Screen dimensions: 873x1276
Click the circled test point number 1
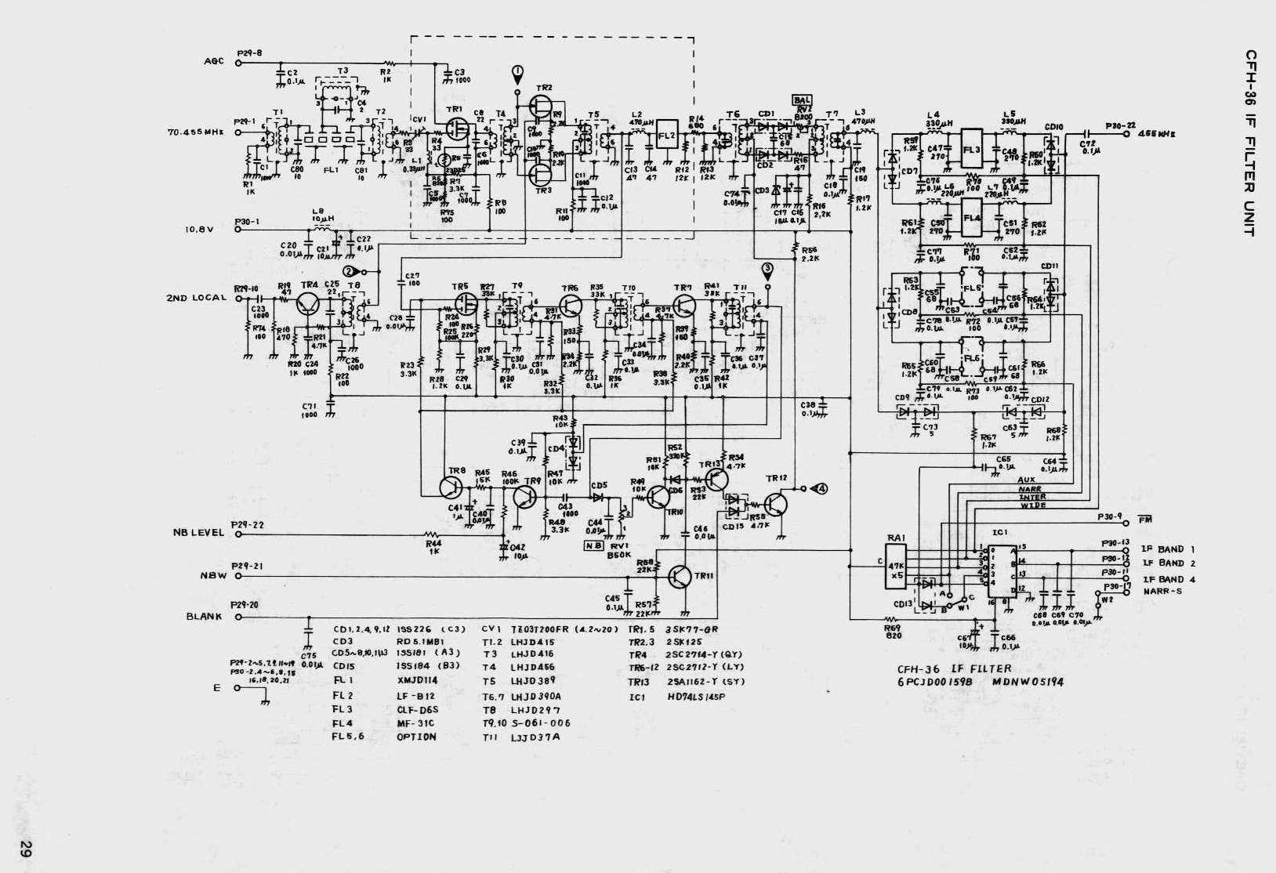click(x=517, y=74)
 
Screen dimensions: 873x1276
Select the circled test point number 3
click(x=767, y=269)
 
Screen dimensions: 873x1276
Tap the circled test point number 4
click(x=820, y=489)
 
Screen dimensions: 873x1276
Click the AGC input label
click(x=214, y=62)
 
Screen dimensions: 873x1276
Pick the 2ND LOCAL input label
click(x=196, y=298)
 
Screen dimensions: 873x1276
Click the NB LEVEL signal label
click(x=198, y=533)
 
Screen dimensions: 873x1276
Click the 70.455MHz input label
click(x=195, y=132)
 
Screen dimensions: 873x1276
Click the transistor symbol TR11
click(x=680, y=576)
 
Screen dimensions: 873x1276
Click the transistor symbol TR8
click(x=452, y=487)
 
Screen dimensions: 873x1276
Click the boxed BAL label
click(x=803, y=100)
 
